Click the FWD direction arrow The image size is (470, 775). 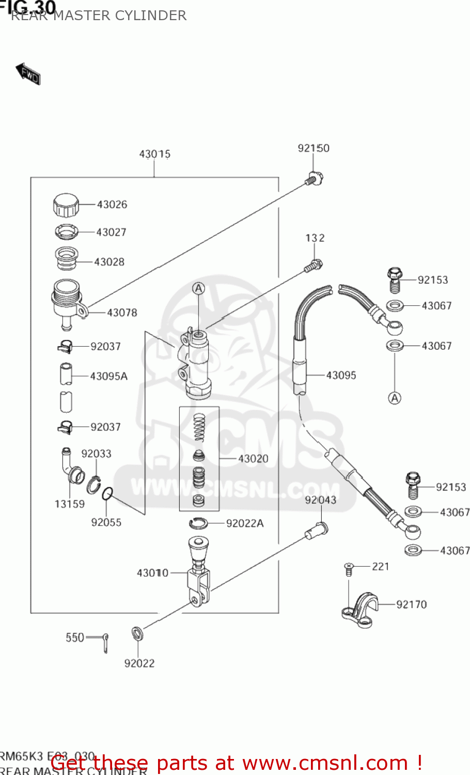coord(28,73)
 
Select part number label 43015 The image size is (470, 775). coord(154,154)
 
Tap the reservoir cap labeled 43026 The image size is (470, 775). coord(66,205)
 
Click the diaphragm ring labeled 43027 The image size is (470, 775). coord(67,231)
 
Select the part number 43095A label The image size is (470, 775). coord(108,377)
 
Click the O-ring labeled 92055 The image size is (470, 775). coord(107,494)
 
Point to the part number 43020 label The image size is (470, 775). coord(253,459)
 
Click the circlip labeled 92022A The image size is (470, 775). coord(198,523)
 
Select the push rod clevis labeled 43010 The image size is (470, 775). coord(199,574)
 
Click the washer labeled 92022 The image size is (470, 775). coord(137,633)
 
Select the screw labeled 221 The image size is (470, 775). coord(349,569)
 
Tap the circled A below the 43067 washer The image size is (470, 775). coord(395,398)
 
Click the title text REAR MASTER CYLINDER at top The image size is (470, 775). coord(99,16)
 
